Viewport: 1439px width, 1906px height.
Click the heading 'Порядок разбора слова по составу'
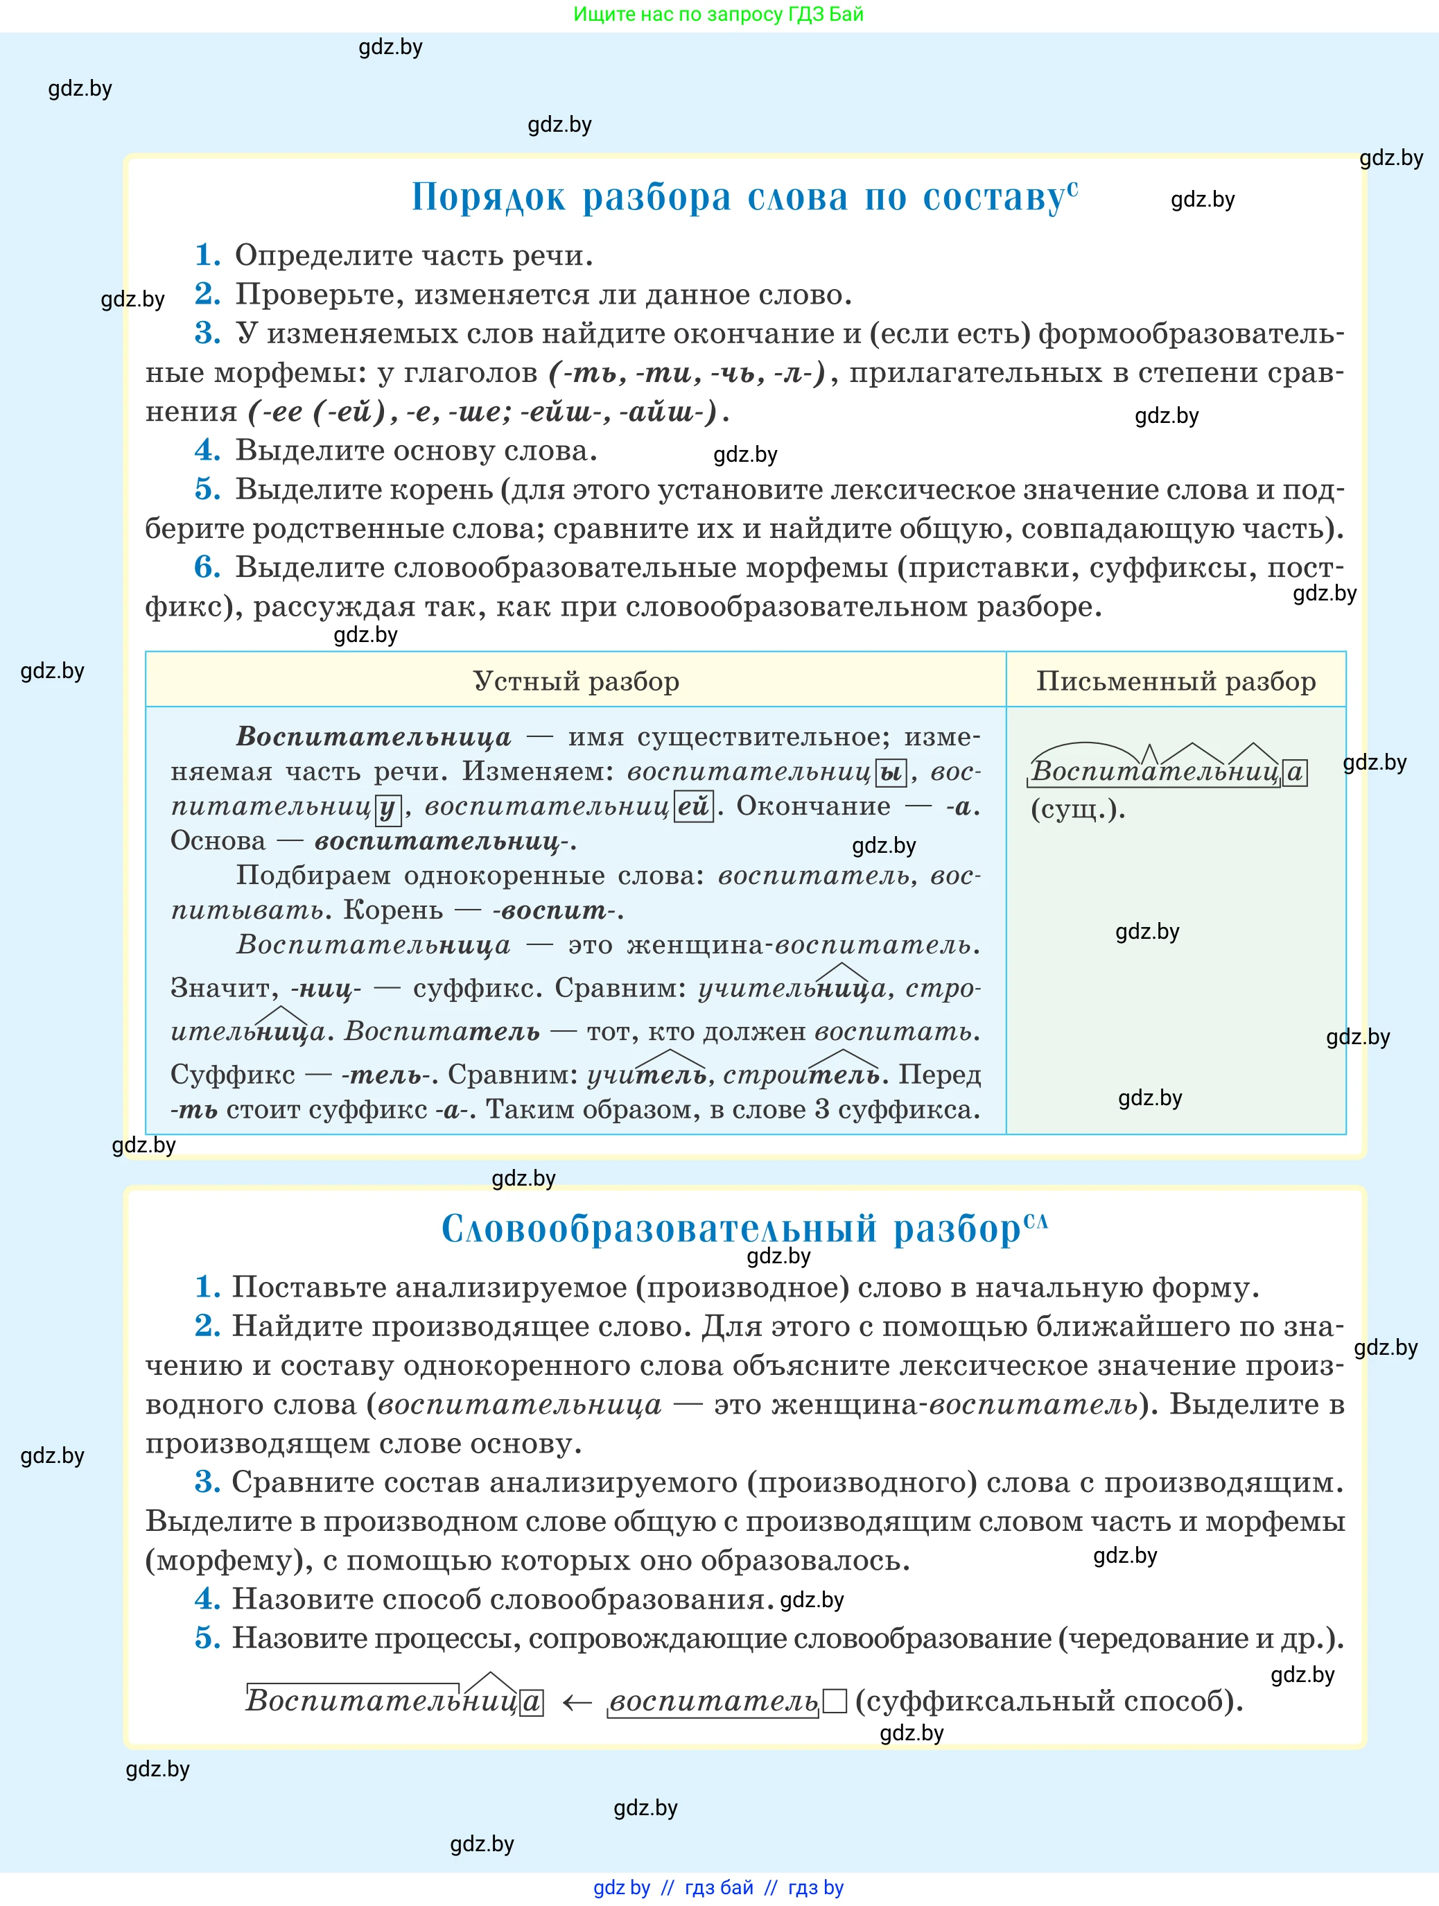743,198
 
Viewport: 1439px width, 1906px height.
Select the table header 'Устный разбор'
575,681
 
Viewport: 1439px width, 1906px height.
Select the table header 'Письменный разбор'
1176,681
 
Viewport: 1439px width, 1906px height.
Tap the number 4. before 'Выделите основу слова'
207,450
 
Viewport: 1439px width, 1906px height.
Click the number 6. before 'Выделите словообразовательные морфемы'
207,567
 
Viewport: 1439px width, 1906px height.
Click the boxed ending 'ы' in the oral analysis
890,772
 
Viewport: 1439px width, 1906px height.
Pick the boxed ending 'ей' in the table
692,806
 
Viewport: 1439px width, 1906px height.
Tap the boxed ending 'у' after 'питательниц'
387,807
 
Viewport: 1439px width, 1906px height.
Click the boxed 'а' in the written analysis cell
1294,772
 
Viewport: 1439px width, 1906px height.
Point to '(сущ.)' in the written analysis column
1078,809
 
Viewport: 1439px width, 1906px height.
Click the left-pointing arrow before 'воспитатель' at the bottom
577,1701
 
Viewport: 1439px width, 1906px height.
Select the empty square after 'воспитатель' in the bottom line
834,1701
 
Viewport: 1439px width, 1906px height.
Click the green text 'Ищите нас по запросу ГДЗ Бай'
718,14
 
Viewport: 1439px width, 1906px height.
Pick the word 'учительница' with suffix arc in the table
791,988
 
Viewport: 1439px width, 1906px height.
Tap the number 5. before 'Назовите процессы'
207,1637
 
